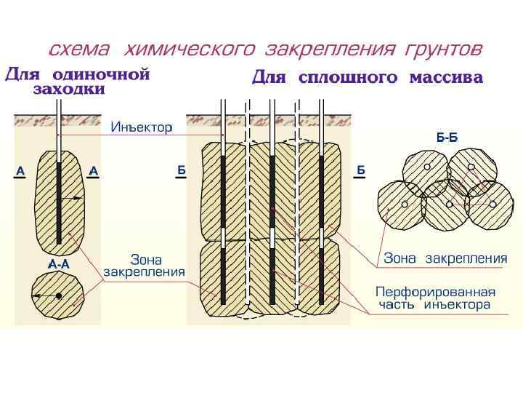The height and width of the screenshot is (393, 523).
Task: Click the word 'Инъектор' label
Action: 141,127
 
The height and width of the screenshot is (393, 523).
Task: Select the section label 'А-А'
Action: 59,263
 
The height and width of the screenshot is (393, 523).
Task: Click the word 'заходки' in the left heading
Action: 69,90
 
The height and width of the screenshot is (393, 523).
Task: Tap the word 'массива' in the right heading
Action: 446,78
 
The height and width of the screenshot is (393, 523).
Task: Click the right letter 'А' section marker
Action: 93,171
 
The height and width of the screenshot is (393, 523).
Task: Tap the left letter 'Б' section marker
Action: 182,170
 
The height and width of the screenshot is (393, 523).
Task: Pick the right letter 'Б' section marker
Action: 360,170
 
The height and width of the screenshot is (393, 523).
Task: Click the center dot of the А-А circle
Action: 59,295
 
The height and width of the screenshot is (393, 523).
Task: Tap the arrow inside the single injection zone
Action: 71,197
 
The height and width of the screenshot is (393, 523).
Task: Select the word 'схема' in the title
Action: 78,49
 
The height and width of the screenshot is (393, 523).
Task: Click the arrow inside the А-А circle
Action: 45,295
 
